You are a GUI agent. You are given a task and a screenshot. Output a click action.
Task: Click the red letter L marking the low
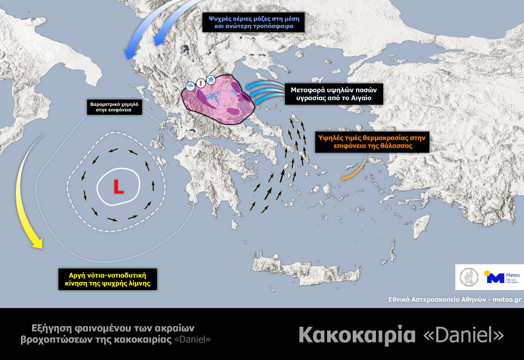(118, 187)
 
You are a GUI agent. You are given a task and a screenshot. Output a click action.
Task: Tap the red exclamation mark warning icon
(201, 83)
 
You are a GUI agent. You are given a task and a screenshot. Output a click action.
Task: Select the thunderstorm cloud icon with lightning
(190, 86)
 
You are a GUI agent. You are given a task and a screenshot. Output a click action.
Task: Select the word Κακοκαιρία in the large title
(356, 334)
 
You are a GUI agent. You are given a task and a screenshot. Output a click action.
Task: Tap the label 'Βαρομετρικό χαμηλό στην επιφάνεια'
(115, 107)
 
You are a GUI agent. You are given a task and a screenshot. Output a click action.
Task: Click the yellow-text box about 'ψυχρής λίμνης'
(108, 279)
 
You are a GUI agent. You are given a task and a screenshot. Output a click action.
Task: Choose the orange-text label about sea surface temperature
(372, 142)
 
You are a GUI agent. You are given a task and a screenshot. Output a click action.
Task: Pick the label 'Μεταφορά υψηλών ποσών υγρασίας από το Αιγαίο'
(334, 94)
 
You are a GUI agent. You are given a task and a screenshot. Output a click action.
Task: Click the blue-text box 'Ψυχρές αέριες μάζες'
(254, 22)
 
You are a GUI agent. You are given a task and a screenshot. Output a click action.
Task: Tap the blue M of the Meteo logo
(495, 278)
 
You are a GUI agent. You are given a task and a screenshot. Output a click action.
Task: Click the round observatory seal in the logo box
(468, 277)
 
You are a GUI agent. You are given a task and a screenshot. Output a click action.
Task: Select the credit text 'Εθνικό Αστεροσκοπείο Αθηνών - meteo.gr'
(454, 299)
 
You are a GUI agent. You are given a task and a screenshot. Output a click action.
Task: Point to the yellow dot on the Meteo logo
(486, 273)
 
